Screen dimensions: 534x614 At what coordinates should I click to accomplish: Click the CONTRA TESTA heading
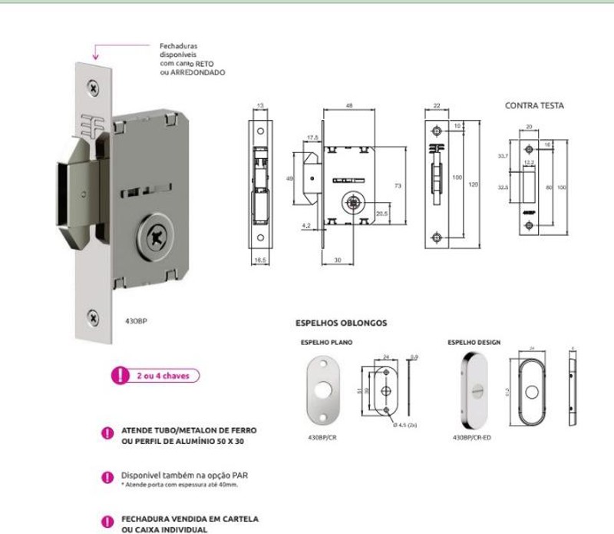pyautogui.click(x=534, y=105)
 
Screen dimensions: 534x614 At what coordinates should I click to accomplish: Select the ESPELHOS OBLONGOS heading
pyautogui.click(x=341, y=323)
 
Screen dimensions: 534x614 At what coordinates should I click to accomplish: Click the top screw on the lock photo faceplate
pyautogui.click(x=93, y=89)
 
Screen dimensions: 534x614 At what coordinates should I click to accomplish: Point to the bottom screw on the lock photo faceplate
pyautogui.click(x=93, y=316)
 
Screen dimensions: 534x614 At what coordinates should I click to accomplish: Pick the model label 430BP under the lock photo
pyautogui.click(x=135, y=321)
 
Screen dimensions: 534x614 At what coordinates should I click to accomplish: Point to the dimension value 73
pyautogui.click(x=398, y=187)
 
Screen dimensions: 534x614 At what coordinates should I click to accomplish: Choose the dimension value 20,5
pyautogui.click(x=381, y=214)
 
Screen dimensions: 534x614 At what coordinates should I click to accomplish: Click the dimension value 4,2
pyautogui.click(x=306, y=226)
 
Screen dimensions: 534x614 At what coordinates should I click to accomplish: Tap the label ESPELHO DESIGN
pyautogui.click(x=474, y=342)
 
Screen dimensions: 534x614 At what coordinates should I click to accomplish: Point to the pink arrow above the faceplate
pyautogui.click(x=96, y=51)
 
